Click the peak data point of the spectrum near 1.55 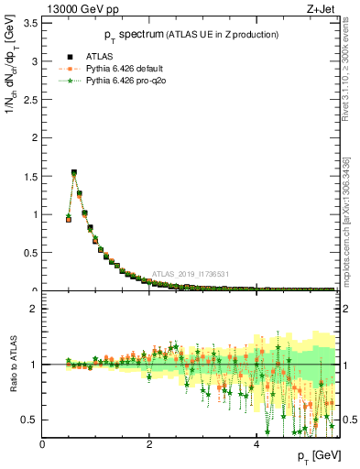(x=74, y=172)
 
